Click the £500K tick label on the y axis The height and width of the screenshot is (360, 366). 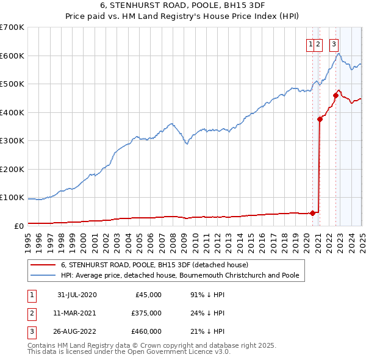(x=12, y=84)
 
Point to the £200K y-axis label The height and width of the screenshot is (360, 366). (x=12, y=169)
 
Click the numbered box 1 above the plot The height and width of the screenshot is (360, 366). (x=311, y=43)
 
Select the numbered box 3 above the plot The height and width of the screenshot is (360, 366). (x=334, y=43)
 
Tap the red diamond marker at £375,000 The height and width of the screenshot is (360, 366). (x=320, y=120)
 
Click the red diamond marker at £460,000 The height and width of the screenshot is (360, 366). (x=335, y=95)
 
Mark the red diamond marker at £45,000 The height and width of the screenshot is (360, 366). (x=313, y=213)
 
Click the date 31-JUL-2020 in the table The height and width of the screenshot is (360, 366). (x=77, y=295)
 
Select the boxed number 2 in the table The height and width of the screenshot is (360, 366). (x=31, y=313)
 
